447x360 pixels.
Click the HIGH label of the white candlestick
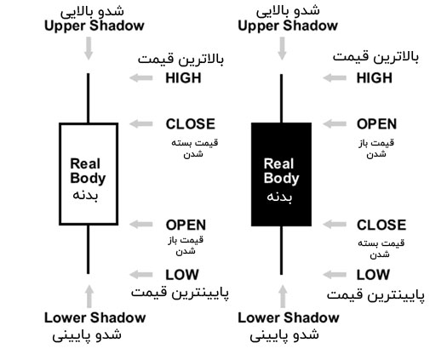tap(183, 77)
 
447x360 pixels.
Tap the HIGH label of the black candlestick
tap(375, 77)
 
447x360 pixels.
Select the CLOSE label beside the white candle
tap(191, 124)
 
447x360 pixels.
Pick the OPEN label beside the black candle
tap(376, 124)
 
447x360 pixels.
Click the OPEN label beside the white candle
tap(186, 225)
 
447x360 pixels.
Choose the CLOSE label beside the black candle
tap(381, 225)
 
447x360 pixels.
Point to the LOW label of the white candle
tap(182, 275)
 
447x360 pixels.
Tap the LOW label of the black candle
tap(373, 275)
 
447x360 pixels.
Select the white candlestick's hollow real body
tap(60, 174)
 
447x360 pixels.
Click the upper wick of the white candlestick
tap(88, 98)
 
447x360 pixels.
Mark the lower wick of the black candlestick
tap(281, 250)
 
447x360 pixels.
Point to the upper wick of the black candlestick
tap(281, 99)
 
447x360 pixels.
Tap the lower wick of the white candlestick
tap(88, 249)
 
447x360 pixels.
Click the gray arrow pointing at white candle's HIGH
tap(141, 77)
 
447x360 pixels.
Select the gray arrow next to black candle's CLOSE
tap(335, 225)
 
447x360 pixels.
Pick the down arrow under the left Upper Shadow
tap(89, 49)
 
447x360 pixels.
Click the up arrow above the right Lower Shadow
tap(283, 296)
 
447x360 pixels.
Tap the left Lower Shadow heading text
tap(95, 317)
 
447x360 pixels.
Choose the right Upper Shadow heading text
tap(288, 26)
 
